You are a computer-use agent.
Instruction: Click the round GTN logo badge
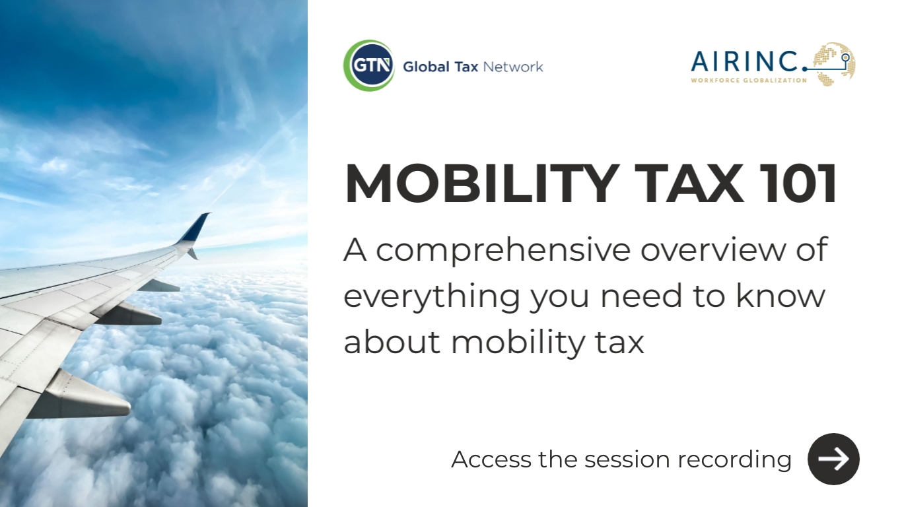[x=368, y=66]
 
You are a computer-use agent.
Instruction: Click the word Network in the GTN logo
[x=513, y=67]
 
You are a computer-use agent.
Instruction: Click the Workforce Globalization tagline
[x=748, y=81]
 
